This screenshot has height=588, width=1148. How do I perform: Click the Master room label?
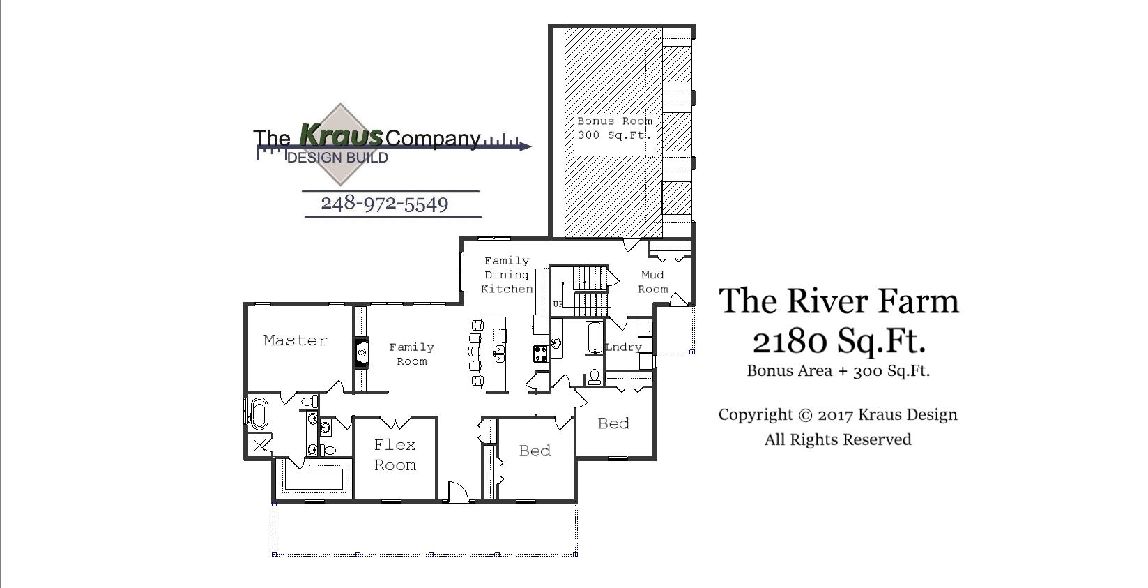click(x=295, y=340)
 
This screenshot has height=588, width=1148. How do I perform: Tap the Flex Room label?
click(x=395, y=455)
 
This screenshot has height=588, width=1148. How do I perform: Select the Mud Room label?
click(x=652, y=282)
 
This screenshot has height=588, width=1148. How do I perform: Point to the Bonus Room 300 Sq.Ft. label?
click(x=614, y=128)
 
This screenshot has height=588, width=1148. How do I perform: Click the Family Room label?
click(x=411, y=354)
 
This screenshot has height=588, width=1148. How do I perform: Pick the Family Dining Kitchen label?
click(x=507, y=275)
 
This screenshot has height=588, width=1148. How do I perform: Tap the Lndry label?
click(x=622, y=347)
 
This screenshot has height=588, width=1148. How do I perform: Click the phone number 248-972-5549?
click(x=384, y=204)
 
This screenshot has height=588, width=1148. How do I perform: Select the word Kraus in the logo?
click(x=341, y=133)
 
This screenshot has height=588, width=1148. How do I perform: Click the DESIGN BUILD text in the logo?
click(x=337, y=158)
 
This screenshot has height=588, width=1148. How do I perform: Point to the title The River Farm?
click(x=839, y=301)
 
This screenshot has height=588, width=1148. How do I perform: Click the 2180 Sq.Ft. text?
click(x=839, y=340)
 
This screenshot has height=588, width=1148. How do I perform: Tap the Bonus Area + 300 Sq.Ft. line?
click(x=838, y=370)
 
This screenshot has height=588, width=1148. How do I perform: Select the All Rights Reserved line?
click(x=838, y=439)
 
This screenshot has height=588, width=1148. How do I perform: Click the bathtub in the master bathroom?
click(x=258, y=413)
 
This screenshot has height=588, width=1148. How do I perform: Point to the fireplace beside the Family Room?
click(x=361, y=352)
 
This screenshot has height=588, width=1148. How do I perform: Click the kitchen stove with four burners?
click(x=541, y=354)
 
